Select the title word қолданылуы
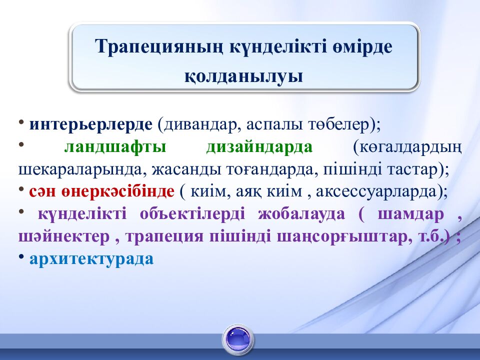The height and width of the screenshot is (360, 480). [x=243, y=76]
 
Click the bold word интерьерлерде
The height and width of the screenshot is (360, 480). [x=90, y=124]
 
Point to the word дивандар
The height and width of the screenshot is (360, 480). [x=200, y=124]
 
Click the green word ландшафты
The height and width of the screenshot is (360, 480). [x=115, y=147]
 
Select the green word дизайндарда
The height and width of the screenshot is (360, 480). [x=259, y=147]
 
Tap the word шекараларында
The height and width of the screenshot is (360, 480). [x=81, y=169]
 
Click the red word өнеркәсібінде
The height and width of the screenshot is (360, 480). [x=118, y=191]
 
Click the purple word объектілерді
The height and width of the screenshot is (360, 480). [x=192, y=214]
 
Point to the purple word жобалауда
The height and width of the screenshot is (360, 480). [x=301, y=214]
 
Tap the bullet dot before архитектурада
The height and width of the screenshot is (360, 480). [x=21, y=256]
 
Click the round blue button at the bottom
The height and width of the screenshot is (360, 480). [x=238, y=339]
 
